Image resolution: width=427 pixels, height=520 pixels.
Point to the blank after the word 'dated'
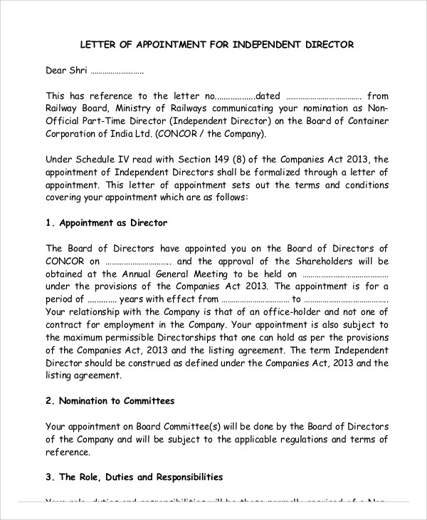[x=324, y=96]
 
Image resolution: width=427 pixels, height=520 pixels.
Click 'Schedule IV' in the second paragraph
[x=99, y=159]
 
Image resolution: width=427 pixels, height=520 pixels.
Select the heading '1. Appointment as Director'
[x=107, y=223]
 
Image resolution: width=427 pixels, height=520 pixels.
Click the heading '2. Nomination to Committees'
[x=110, y=401]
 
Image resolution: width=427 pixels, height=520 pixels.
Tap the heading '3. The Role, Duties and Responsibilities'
[x=135, y=477]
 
